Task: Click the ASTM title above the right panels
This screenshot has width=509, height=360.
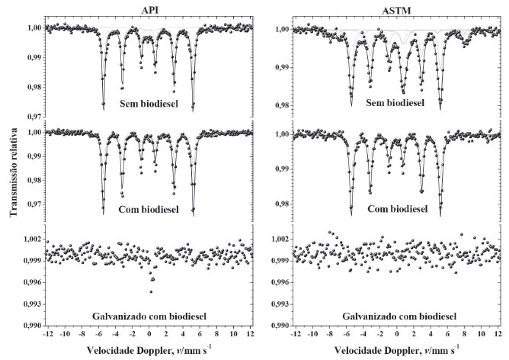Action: [395, 10]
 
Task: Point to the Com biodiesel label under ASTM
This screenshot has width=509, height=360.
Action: [397, 207]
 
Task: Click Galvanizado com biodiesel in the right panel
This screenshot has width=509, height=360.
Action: [397, 315]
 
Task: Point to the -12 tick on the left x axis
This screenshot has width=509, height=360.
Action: [47, 335]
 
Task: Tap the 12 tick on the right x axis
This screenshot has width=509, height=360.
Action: [498, 335]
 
